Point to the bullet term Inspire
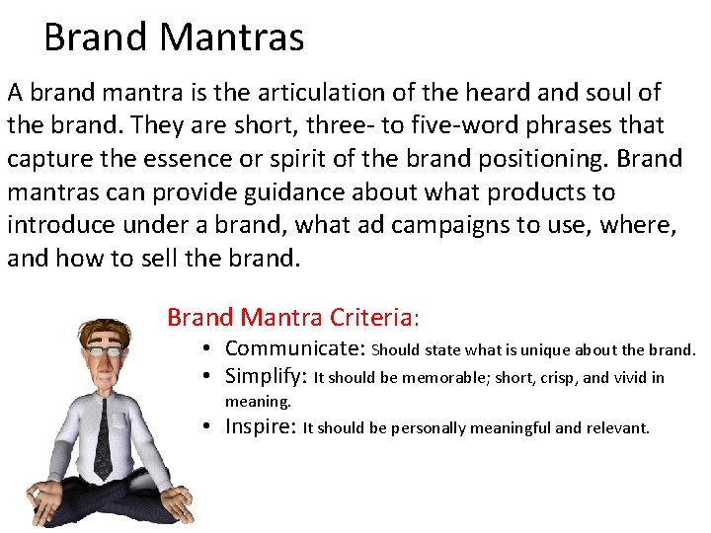click(x=261, y=427)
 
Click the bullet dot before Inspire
click(x=210, y=428)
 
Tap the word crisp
click(x=562, y=377)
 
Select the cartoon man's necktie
click(x=104, y=439)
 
